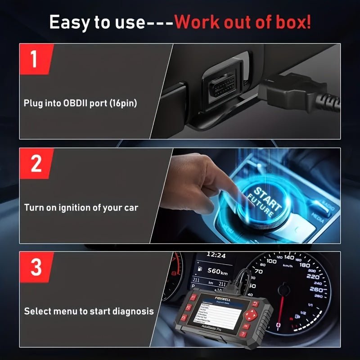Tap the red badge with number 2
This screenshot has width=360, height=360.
tap(35, 163)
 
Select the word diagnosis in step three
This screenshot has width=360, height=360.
tap(134, 311)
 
